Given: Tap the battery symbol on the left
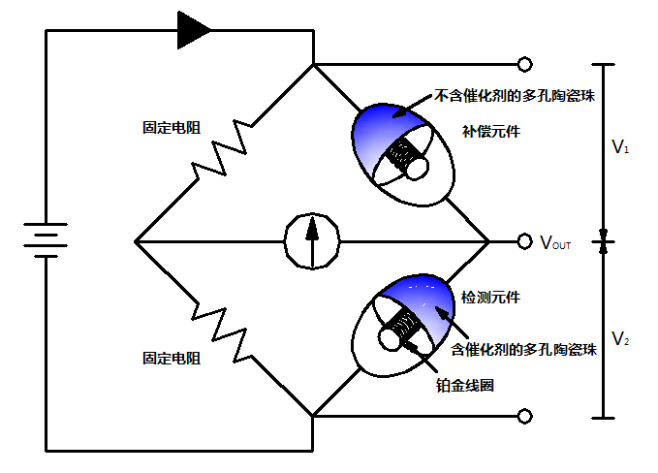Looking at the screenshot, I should point(45,239).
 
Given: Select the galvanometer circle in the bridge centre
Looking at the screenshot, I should point(312,238).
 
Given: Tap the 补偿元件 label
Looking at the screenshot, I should point(491,131).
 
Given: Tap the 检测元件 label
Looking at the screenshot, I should point(489,298).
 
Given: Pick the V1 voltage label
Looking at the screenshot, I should point(621,149).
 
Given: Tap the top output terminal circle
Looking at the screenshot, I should point(524,65).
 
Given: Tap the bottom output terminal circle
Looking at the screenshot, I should point(524,416).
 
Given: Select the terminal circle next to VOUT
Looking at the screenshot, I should point(524,240).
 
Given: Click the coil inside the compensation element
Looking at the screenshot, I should point(398,156).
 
